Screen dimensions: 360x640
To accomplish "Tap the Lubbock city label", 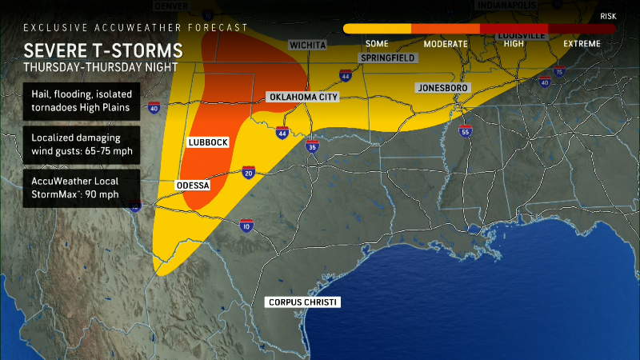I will click(208, 142).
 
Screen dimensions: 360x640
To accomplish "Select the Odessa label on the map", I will click(192, 186).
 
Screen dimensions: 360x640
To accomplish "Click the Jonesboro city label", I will click(442, 86).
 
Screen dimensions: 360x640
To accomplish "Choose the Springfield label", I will click(386, 59).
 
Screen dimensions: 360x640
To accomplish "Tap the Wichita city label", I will click(307, 46).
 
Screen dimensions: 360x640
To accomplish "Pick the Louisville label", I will click(521, 36).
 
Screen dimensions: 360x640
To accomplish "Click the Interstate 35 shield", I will click(312, 146).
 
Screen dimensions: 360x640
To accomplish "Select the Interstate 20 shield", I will click(249, 171).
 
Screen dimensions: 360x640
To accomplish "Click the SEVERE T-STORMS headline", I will click(103, 50).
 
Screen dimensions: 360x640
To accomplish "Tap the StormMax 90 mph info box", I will click(81, 188).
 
